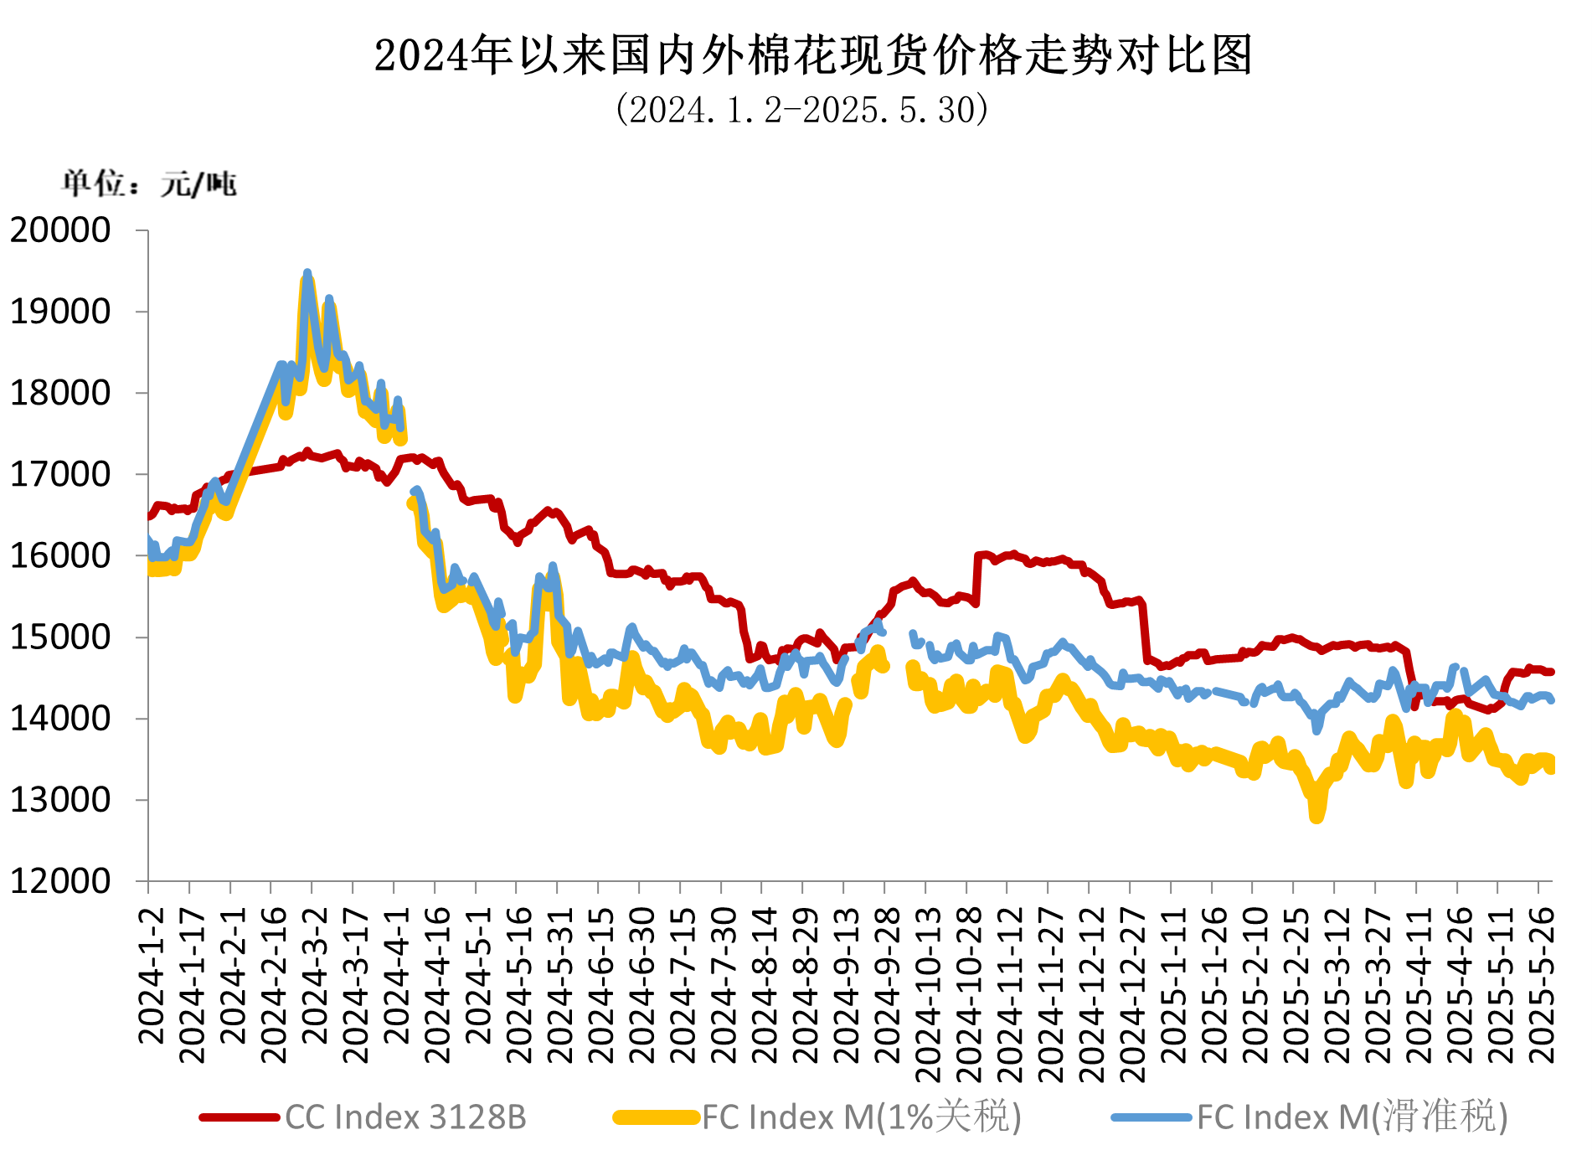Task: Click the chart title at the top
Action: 812,56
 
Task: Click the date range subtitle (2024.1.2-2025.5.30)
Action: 801,110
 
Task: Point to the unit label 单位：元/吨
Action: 149,183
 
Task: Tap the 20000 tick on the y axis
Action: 60,230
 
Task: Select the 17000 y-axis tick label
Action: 60,475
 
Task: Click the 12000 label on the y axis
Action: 60,881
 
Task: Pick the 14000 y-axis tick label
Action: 60,719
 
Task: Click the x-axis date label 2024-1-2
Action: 152,975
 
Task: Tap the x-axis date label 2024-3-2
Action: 315,975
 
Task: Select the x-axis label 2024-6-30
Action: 642,984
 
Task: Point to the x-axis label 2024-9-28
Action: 888,984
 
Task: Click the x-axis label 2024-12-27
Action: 1133,993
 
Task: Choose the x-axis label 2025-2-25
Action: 1296,984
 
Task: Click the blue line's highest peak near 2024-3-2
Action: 307,273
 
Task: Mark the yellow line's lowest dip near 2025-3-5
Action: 1316,817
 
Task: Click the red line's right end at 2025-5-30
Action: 1551,672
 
